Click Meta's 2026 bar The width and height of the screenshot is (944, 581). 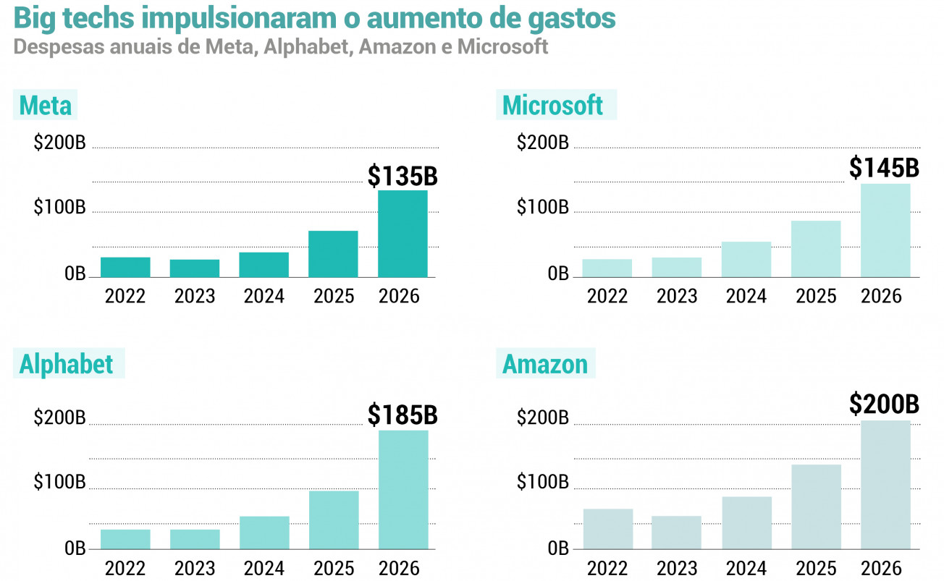pos(403,234)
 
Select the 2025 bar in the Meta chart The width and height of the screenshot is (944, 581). pos(333,254)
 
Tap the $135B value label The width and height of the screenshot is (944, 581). pos(403,176)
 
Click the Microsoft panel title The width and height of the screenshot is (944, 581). pos(552,105)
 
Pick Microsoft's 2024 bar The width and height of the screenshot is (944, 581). pos(746,260)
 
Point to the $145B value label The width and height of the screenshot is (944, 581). pos(884,168)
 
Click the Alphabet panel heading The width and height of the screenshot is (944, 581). pos(66,364)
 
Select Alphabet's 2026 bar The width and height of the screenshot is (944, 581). pos(403,490)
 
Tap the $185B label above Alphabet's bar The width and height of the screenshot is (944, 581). pos(403,415)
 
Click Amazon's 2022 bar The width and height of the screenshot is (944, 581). pos(608,529)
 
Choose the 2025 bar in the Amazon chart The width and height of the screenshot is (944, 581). pos(817,507)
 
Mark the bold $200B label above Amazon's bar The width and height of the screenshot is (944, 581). pos(884,404)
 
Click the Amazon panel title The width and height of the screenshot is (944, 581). pos(545,364)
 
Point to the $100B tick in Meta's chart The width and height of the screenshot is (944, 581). pos(59,207)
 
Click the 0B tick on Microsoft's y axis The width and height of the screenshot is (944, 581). pos(558,273)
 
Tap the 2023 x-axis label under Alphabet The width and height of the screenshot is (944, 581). pos(195,569)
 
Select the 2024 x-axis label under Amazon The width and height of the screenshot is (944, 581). pos(746,569)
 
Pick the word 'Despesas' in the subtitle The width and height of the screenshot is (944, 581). pos(59,47)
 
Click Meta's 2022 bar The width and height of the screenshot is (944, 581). pos(125,267)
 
